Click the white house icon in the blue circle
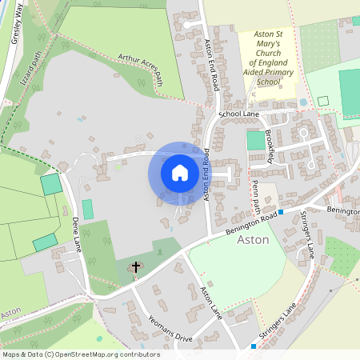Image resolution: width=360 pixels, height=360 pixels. pyautogui.click(x=180, y=173)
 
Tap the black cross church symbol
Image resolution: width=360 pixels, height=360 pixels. pyautogui.click(x=135, y=266)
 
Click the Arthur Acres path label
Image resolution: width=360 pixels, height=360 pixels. pyautogui.click(x=140, y=69)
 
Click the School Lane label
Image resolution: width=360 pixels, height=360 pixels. pyautogui.click(x=239, y=114)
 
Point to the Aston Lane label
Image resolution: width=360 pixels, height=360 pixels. pyautogui.click(x=210, y=304)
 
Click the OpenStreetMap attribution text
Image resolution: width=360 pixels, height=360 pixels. pyautogui.click(x=80, y=354)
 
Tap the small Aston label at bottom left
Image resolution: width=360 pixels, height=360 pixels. pyautogui.click(x=10, y=310)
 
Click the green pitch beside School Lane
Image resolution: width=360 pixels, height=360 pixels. pyautogui.click(x=255, y=140)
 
